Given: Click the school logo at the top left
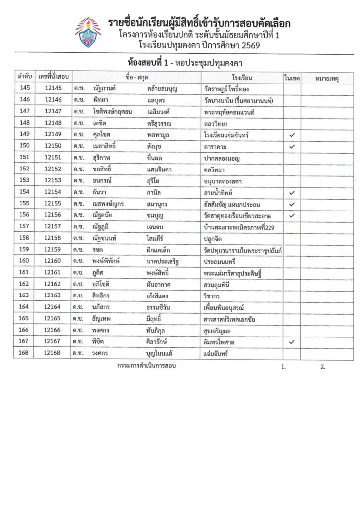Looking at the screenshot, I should click(88, 32).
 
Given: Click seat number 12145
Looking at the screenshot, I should click(53, 88).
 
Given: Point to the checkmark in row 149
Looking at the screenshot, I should click(292, 134).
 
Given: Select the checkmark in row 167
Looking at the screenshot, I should click(292, 341).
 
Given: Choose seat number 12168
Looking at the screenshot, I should click(53, 353).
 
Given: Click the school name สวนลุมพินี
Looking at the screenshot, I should click(221, 284).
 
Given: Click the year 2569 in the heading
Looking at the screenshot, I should click(246, 45).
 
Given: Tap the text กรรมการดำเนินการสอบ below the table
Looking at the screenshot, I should click(147, 366).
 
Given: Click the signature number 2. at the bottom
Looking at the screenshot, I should click(323, 367).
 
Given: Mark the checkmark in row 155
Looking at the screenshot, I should click(292, 204).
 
